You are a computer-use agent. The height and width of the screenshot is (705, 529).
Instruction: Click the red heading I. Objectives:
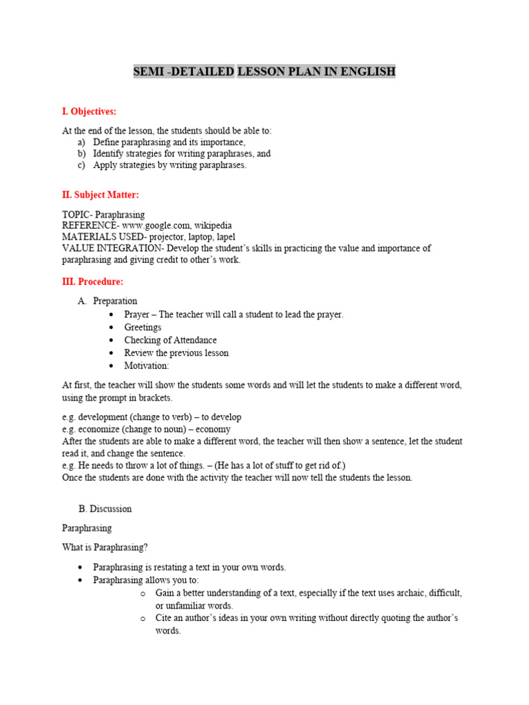coord(89,112)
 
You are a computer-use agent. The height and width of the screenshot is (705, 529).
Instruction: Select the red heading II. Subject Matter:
coord(101,195)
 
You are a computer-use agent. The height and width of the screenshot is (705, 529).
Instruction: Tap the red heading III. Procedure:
coord(92,282)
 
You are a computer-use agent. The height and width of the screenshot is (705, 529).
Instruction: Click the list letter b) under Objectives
coord(82,154)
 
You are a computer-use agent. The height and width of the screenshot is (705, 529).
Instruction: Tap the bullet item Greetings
coord(143,327)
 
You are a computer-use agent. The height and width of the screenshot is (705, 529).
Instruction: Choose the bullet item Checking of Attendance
coord(170,340)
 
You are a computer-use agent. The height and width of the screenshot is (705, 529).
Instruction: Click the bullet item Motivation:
coord(146,366)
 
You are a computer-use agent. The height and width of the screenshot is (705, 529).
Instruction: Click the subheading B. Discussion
coord(105,509)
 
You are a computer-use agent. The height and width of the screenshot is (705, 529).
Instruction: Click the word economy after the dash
coord(214,429)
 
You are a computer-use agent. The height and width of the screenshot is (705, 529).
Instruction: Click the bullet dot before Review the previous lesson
coord(111,353)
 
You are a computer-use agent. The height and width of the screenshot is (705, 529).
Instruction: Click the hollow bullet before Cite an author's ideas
coord(142,618)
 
